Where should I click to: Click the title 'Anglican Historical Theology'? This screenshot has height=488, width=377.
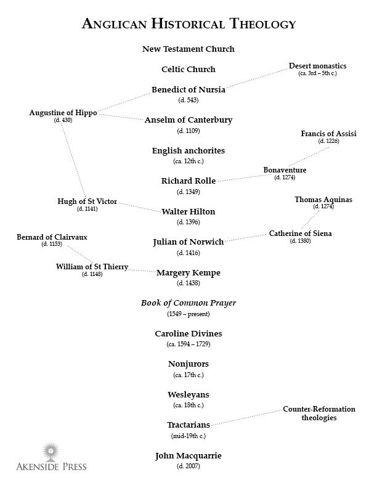[188, 24]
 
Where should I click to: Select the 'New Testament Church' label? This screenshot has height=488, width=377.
[188, 49]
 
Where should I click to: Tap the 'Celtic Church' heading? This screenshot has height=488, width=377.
[188, 70]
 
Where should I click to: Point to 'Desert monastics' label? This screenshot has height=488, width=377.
[317, 66]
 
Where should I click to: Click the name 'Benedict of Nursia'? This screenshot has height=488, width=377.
[188, 89]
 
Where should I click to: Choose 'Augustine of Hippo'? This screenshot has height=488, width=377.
[63, 113]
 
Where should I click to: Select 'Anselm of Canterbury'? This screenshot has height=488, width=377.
[188, 120]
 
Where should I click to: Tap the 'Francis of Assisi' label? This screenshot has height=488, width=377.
[328, 134]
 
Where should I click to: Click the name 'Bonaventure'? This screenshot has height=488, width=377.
[285, 170]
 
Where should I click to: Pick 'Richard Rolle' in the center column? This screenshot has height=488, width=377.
[188, 181]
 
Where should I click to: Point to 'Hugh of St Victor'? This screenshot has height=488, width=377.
[87, 201]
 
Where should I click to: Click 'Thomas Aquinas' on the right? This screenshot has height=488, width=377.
[323, 200]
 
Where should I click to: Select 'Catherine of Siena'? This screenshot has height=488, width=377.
[300, 234]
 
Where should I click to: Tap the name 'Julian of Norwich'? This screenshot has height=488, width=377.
[188, 242]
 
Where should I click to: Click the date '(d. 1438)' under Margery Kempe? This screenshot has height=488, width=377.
[188, 283]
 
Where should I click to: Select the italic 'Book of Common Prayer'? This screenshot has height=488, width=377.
[188, 303]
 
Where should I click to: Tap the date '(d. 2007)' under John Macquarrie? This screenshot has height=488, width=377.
[188, 466]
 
